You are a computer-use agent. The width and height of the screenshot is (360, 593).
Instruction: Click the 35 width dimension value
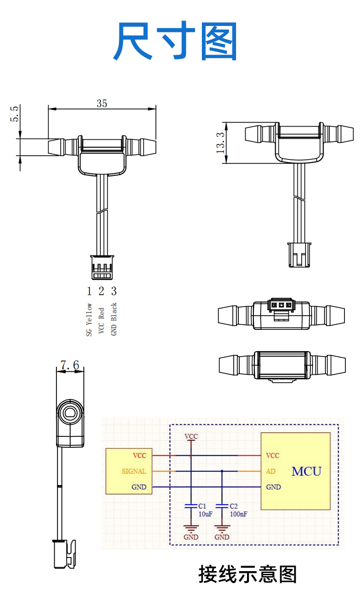coord(102,103)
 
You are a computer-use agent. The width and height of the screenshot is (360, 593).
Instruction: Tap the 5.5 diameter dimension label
coord(15,114)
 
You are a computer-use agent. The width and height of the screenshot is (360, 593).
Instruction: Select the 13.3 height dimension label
coord(221,142)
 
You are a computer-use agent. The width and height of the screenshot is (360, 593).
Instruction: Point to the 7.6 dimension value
coord(70,365)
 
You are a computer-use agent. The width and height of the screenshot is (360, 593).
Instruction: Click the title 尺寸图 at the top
coord(175,41)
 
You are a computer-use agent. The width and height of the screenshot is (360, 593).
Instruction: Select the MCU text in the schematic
coord(306,471)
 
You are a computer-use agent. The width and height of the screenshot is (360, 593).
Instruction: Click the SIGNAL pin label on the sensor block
coord(134,471)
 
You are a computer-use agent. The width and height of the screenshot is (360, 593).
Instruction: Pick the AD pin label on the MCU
coord(270,471)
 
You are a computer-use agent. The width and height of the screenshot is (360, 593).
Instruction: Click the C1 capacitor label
coord(202,506)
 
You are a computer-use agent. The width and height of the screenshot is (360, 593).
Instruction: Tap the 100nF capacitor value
coord(238,514)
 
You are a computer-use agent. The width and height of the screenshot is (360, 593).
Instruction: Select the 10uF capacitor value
coord(205,514)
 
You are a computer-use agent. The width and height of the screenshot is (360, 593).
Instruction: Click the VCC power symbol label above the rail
coord(191,436)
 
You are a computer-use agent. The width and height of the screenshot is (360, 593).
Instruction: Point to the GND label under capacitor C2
coord(222,537)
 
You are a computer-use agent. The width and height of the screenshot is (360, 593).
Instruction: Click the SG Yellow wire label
coord(89,320)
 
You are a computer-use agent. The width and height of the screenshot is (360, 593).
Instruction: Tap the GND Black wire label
coord(114,319)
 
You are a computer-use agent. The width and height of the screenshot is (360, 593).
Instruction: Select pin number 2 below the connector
coord(101,291)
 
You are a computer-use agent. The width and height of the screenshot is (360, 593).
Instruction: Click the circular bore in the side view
coord(70,413)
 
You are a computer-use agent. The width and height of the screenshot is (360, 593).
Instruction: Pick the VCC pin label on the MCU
coord(273,455)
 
